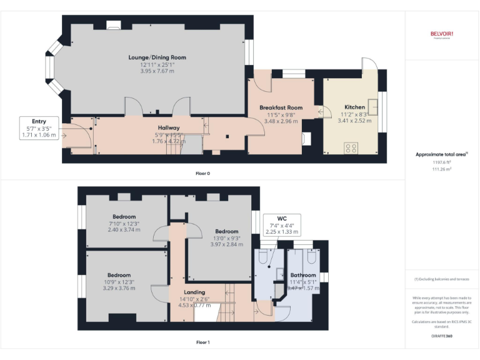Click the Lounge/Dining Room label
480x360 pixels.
click(157, 57)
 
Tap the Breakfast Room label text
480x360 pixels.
click(281, 107)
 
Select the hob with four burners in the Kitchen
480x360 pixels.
click(351, 148)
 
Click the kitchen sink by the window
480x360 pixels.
click(373, 104)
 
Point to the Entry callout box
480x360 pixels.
click(39, 127)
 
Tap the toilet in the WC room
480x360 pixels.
click(264, 257)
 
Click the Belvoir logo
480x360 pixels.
click(441, 34)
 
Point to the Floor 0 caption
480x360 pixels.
click(202, 173)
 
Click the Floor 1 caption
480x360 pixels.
click(202, 342)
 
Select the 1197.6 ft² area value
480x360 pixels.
click(441, 162)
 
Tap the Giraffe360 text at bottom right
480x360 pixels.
click(441, 336)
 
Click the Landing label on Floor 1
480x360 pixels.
click(194, 292)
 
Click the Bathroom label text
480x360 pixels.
click(303, 275)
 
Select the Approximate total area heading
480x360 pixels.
click(441, 154)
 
